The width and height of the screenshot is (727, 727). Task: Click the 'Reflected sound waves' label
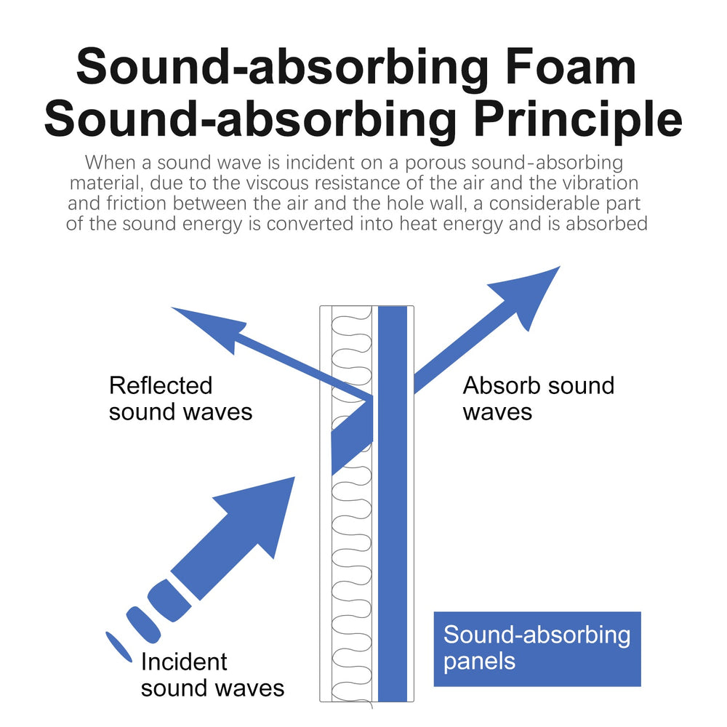[x=180, y=398]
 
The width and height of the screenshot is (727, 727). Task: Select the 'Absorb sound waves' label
[x=538, y=398]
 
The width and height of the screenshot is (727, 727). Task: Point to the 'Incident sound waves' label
[x=212, y=675]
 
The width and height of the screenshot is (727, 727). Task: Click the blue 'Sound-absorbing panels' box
[x=537, y=648]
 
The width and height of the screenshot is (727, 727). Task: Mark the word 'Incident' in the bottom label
[x=184, y=662]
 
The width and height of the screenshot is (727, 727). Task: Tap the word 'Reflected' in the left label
[x=161, y=385]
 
